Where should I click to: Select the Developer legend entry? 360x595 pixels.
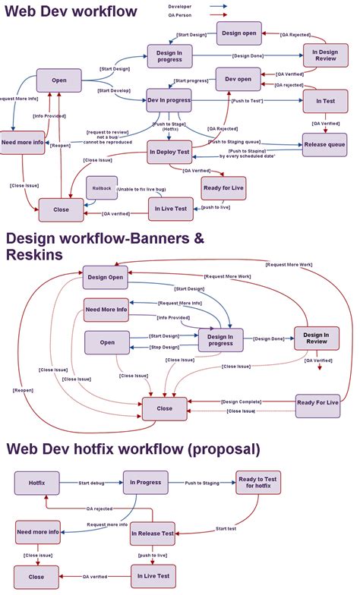coord(180,5)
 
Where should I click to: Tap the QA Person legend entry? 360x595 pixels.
coord(180,13)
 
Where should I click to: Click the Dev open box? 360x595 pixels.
coord(238,78)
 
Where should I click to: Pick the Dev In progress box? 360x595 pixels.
coord(169,99)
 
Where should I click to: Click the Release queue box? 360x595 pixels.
coord(324,144)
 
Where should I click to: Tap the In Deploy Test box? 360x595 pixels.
coord(169,152)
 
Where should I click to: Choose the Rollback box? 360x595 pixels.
coord(101,187)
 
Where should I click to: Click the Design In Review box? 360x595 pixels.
coord(316,338)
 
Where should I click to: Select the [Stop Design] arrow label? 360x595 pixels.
coord(165,347)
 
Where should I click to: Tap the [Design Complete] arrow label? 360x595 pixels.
coord(241,401)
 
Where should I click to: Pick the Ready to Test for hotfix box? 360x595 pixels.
coord(257,483)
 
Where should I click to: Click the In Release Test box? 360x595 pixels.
coord(153,534)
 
